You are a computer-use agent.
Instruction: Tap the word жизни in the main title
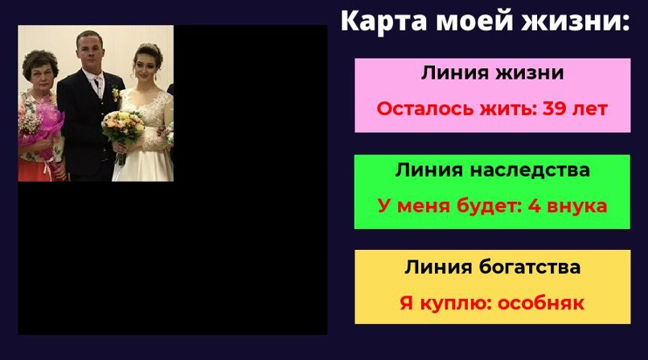click(x=576, y=21)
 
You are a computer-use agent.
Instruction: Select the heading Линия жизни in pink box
click(x=492, y=73)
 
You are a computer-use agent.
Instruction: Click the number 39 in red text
click(x=556, y=108)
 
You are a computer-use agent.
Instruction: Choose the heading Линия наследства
click(x=492, y=170)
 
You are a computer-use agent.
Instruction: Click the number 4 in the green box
click(x=533, y=206)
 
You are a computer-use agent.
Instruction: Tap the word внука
click(x=577, y=206)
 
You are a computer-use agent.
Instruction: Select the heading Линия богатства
click(x=492, y=268)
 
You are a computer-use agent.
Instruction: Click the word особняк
click(x=541, y=304)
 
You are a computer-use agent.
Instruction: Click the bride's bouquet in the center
click(x=122, y=126)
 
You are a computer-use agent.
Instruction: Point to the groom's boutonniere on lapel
click(x=114, y=94)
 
